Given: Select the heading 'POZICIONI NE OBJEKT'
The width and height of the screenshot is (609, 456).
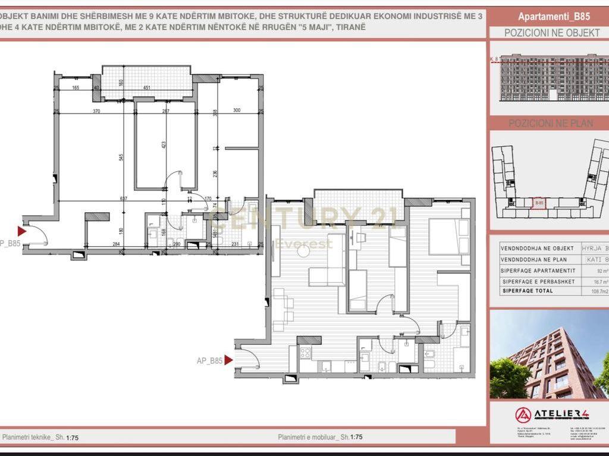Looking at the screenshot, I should (x=552, y=33).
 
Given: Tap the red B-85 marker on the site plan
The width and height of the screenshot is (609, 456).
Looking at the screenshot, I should (x=539, y=203).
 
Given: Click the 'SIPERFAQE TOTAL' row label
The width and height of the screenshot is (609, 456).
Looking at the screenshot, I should (x=528, y=291).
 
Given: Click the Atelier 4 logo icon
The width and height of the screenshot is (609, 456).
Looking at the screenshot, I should (x=523, y=414).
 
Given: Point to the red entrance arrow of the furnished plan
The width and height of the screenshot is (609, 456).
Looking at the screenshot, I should (x=228, y=360).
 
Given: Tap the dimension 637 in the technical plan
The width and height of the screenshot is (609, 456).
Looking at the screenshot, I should (x=123, y=199).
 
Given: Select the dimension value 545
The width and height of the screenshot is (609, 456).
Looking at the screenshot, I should (x=121, y=158).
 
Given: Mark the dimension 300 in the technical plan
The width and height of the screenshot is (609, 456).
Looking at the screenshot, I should (x=237, y=110).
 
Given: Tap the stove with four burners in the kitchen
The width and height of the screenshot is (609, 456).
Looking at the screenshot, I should (x=305, y=353).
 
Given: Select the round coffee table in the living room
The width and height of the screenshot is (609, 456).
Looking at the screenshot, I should (x=303, y=252).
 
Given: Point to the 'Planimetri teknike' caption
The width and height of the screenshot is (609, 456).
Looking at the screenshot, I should (x=33, y=437).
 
